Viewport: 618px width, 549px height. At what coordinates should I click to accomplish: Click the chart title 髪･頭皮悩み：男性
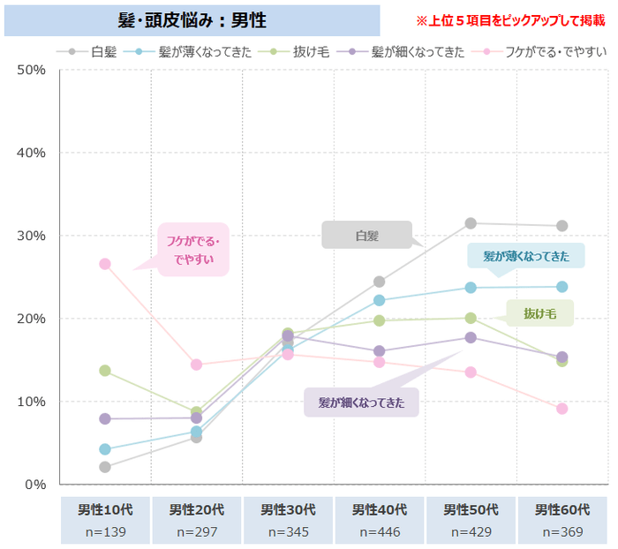(x=192, y=19)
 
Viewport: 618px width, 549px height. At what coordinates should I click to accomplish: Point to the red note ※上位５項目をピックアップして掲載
(x=510, y=19)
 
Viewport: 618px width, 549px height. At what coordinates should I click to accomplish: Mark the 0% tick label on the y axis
(x=34, y=484)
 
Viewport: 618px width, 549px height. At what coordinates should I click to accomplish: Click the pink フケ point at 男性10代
(x=105, y=264)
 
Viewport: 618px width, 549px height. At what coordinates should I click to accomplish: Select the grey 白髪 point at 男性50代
(x=471, y=223)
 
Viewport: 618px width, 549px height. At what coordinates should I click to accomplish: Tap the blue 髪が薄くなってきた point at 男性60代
(x=561, y=287)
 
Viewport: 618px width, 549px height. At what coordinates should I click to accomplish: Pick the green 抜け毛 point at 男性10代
(x=105, y=371)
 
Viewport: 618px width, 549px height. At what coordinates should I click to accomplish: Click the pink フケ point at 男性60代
(x=561, y=409)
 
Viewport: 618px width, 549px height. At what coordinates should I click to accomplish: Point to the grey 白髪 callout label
(x=366, y=235)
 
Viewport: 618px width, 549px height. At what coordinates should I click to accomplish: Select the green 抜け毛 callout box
(x=539, y=312)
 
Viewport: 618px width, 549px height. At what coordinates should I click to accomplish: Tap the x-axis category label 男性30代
(x=288, y=509)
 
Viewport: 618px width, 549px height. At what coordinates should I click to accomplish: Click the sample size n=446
(x=380, y=531)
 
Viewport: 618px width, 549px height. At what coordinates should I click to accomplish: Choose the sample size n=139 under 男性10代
(x=105, y=531)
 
